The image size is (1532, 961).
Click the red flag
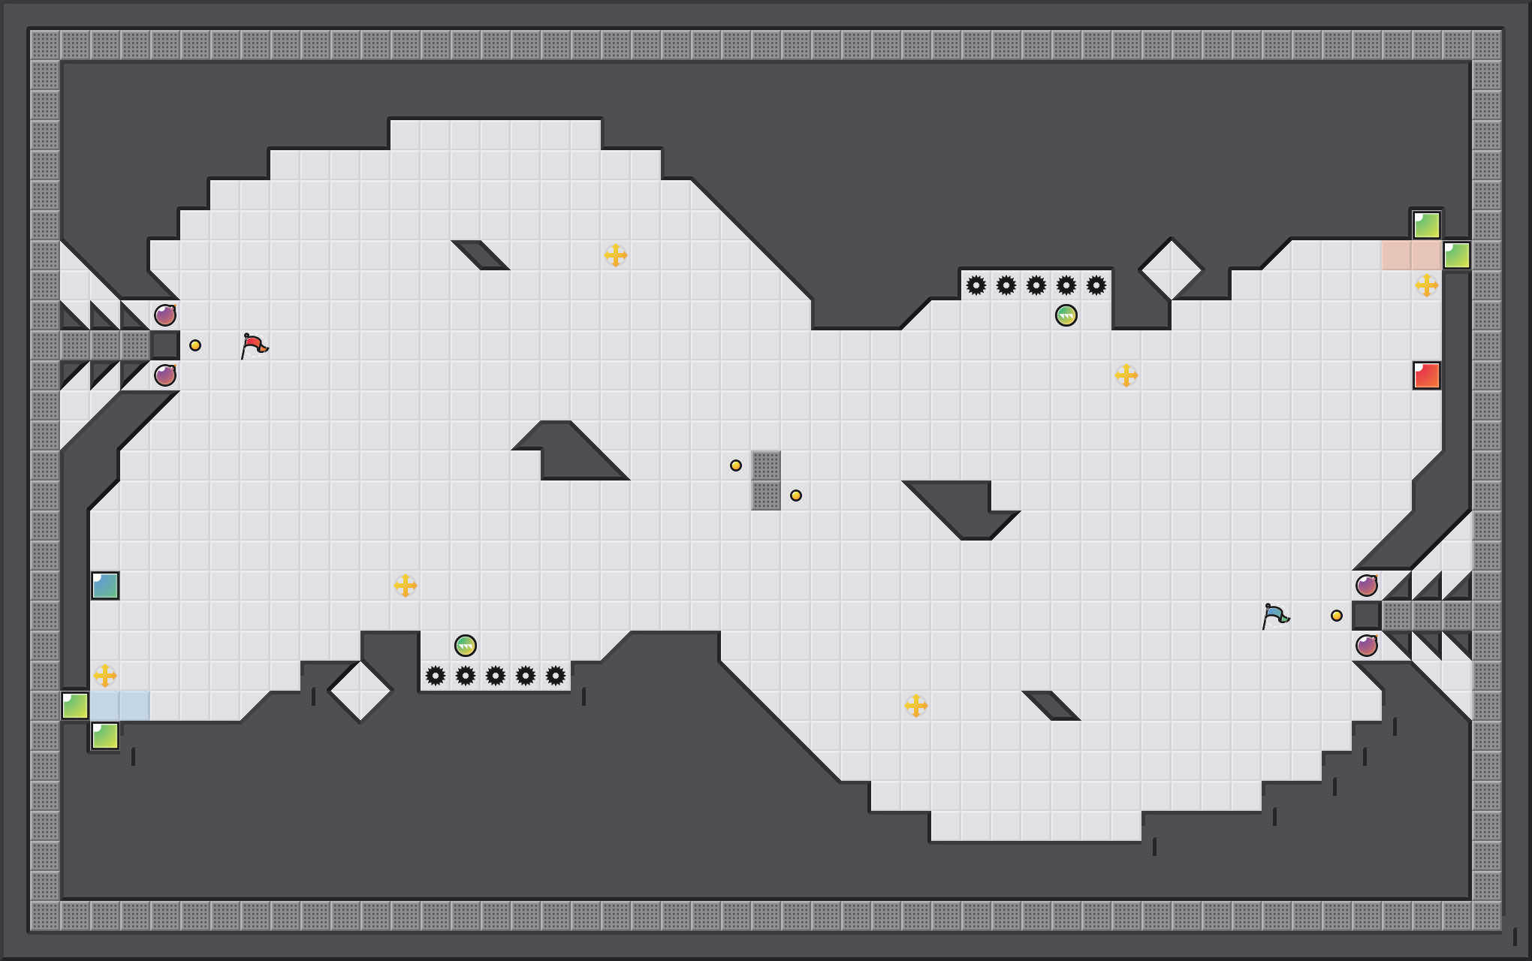click(254, 345)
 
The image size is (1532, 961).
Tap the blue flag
click(1275, 616)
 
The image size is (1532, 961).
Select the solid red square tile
click(1427, 375)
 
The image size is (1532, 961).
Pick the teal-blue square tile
click(105, 586)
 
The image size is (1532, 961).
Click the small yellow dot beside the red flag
click(195, 345)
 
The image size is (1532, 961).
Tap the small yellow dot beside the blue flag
click(1337, 616)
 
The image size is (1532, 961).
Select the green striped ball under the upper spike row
click(1066, 315)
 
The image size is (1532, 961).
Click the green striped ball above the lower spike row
click(466, 646)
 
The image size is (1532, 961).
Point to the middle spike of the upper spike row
click(1036, 285)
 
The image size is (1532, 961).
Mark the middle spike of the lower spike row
click(496, 676)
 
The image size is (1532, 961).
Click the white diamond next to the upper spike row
click(1172, 269)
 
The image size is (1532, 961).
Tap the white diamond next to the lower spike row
click(360, 691)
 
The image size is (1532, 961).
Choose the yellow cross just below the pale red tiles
click(1427, 285)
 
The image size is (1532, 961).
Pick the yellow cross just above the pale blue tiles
click(105, 676)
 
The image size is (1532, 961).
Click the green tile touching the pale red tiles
click(1457, 255)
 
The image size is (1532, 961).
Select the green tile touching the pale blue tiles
click(75, 706)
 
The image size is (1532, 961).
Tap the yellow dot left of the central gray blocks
click(736, 465)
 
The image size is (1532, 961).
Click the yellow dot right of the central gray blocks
click(796, 496)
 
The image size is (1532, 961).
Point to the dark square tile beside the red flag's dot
click(165, 345)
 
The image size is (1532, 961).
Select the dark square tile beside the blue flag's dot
click(1367, 616)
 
